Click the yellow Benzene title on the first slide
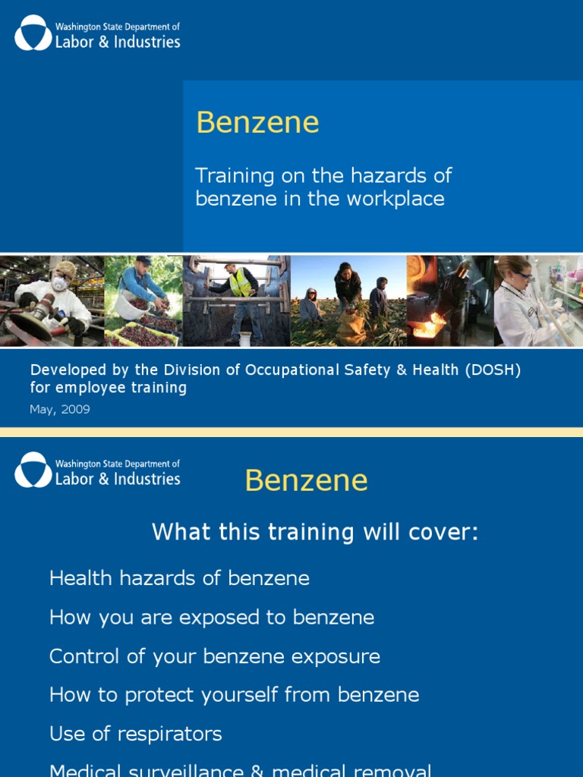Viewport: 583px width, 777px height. (x=257, y=123)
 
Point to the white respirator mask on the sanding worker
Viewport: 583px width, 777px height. (x=59, y=284)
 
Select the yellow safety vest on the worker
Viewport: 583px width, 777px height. (x=241, y=283)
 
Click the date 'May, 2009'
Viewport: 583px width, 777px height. (x=60, y=410)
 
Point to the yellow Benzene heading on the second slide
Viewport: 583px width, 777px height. (x=306, y=481)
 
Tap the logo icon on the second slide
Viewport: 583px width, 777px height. (x=33, y=470)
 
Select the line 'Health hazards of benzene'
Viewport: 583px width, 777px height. (x=179, y=578)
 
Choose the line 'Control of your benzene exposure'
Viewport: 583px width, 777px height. (x=215, y=656)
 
